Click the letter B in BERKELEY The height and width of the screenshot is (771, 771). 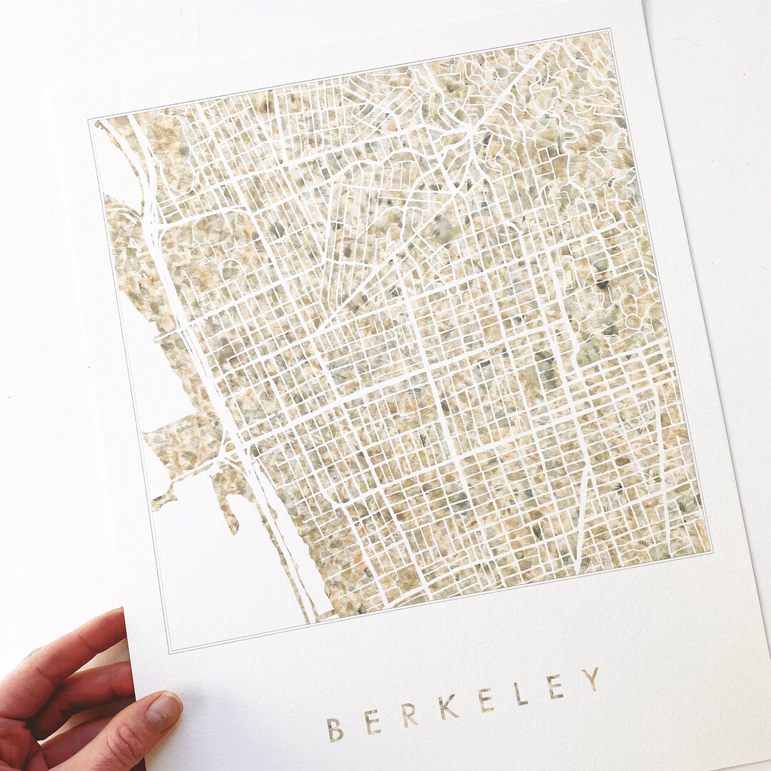[x=334, y=729]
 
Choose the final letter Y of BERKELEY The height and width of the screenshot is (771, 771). [x=590, y=679]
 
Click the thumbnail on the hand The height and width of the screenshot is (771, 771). [x=163, y=711]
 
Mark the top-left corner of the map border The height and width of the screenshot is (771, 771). [x=89, y=120]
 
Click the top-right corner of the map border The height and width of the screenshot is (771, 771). [x=611, y=29]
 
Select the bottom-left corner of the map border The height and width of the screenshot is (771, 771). [x=168, y=651]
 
